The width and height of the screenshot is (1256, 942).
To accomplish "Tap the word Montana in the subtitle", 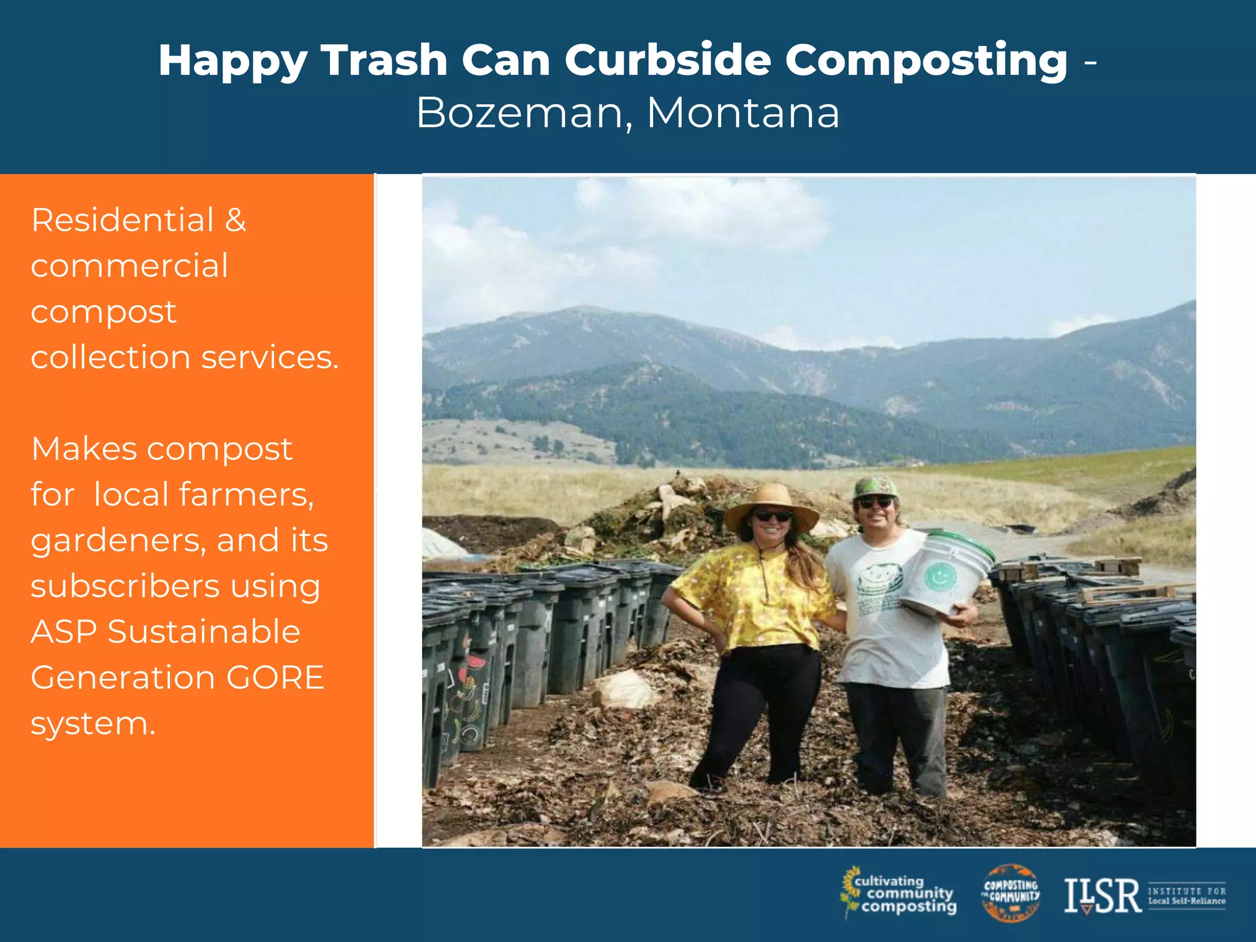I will point(743,113).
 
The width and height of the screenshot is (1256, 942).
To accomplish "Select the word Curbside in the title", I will point(667,60).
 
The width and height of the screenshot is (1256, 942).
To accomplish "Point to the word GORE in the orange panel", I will point(275,677).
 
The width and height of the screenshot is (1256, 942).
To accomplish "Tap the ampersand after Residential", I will point(235,220).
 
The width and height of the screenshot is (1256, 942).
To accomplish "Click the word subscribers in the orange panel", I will point(126,586).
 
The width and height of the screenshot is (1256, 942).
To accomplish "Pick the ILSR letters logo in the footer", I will point(1101,897).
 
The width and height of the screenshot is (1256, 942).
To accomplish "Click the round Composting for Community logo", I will point(1011,893).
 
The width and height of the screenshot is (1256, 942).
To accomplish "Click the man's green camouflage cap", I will point(875,487).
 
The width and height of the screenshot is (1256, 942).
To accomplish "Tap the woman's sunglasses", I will point(772,516).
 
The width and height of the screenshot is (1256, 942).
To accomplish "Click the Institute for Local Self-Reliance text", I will point(1186,896).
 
